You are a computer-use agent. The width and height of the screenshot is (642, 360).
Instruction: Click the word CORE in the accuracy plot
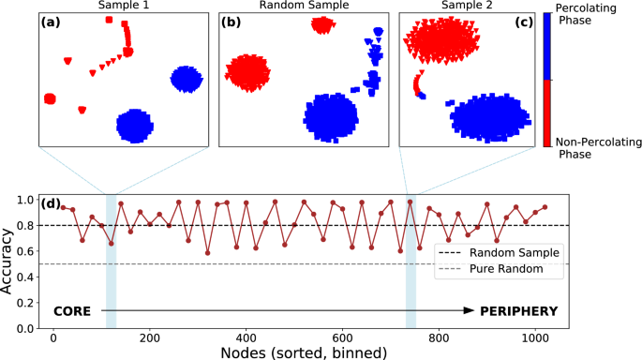tap(74, 310)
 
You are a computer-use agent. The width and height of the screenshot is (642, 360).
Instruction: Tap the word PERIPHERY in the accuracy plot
tap(519, 310)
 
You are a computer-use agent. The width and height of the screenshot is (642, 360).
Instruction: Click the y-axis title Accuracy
tap(8, 262)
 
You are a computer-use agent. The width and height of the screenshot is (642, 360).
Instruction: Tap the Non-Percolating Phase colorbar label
tap(594, 149)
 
